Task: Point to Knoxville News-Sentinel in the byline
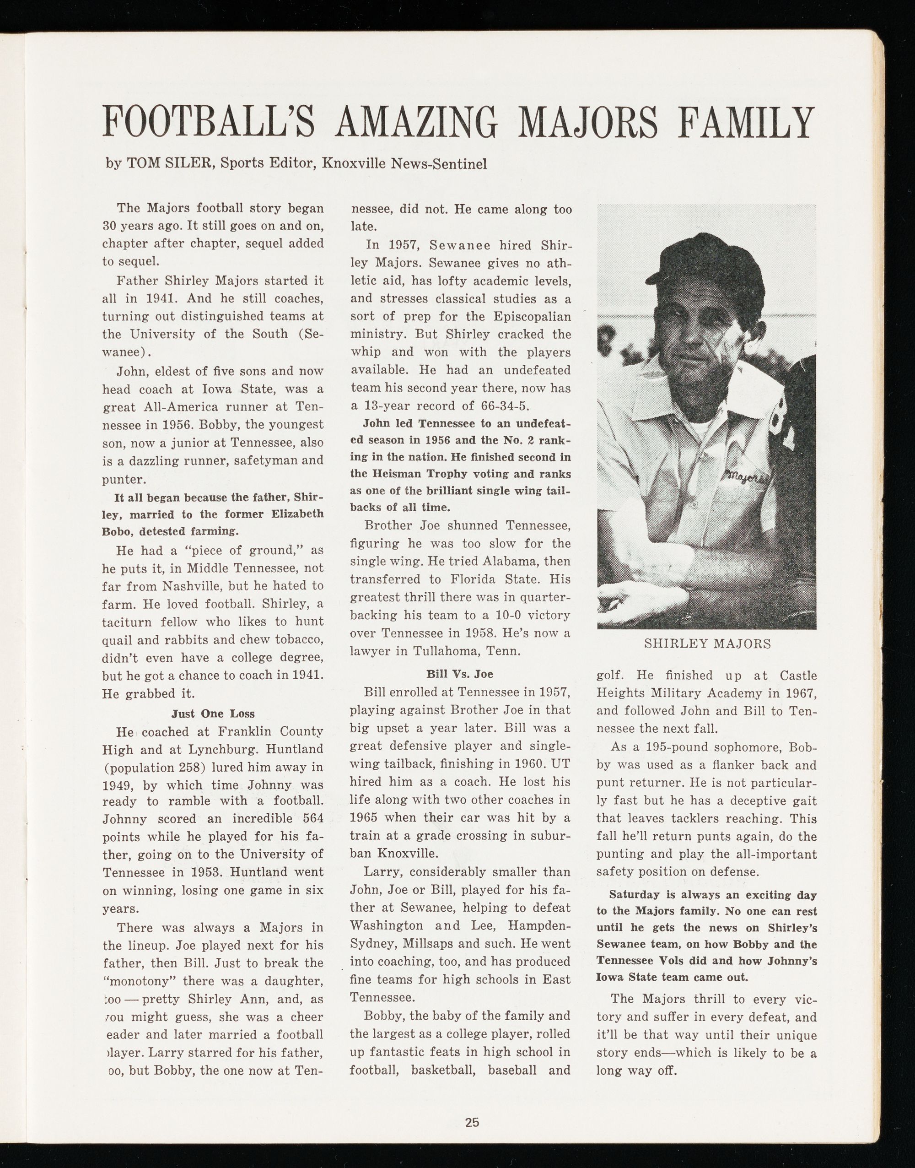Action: tap(404, 164)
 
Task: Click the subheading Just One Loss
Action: tap(213, 714)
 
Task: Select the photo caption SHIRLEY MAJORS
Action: tap(707, 644)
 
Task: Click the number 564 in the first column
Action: tap(311, 819)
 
